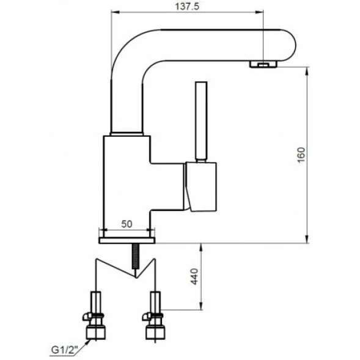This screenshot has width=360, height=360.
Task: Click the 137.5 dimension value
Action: click(187, 6)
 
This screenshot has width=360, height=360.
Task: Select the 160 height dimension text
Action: click(301, 155)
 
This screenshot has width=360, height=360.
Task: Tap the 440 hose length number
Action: click(194, 276)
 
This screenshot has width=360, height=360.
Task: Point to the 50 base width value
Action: click(127, 224)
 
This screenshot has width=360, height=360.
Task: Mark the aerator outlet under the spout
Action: click(263, 64)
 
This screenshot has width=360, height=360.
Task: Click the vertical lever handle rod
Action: click(201, 120)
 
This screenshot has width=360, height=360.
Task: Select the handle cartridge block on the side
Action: click(200, 186)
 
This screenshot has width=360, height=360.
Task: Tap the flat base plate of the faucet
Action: click(127, 240)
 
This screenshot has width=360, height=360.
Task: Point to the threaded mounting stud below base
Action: click(136, 256)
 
